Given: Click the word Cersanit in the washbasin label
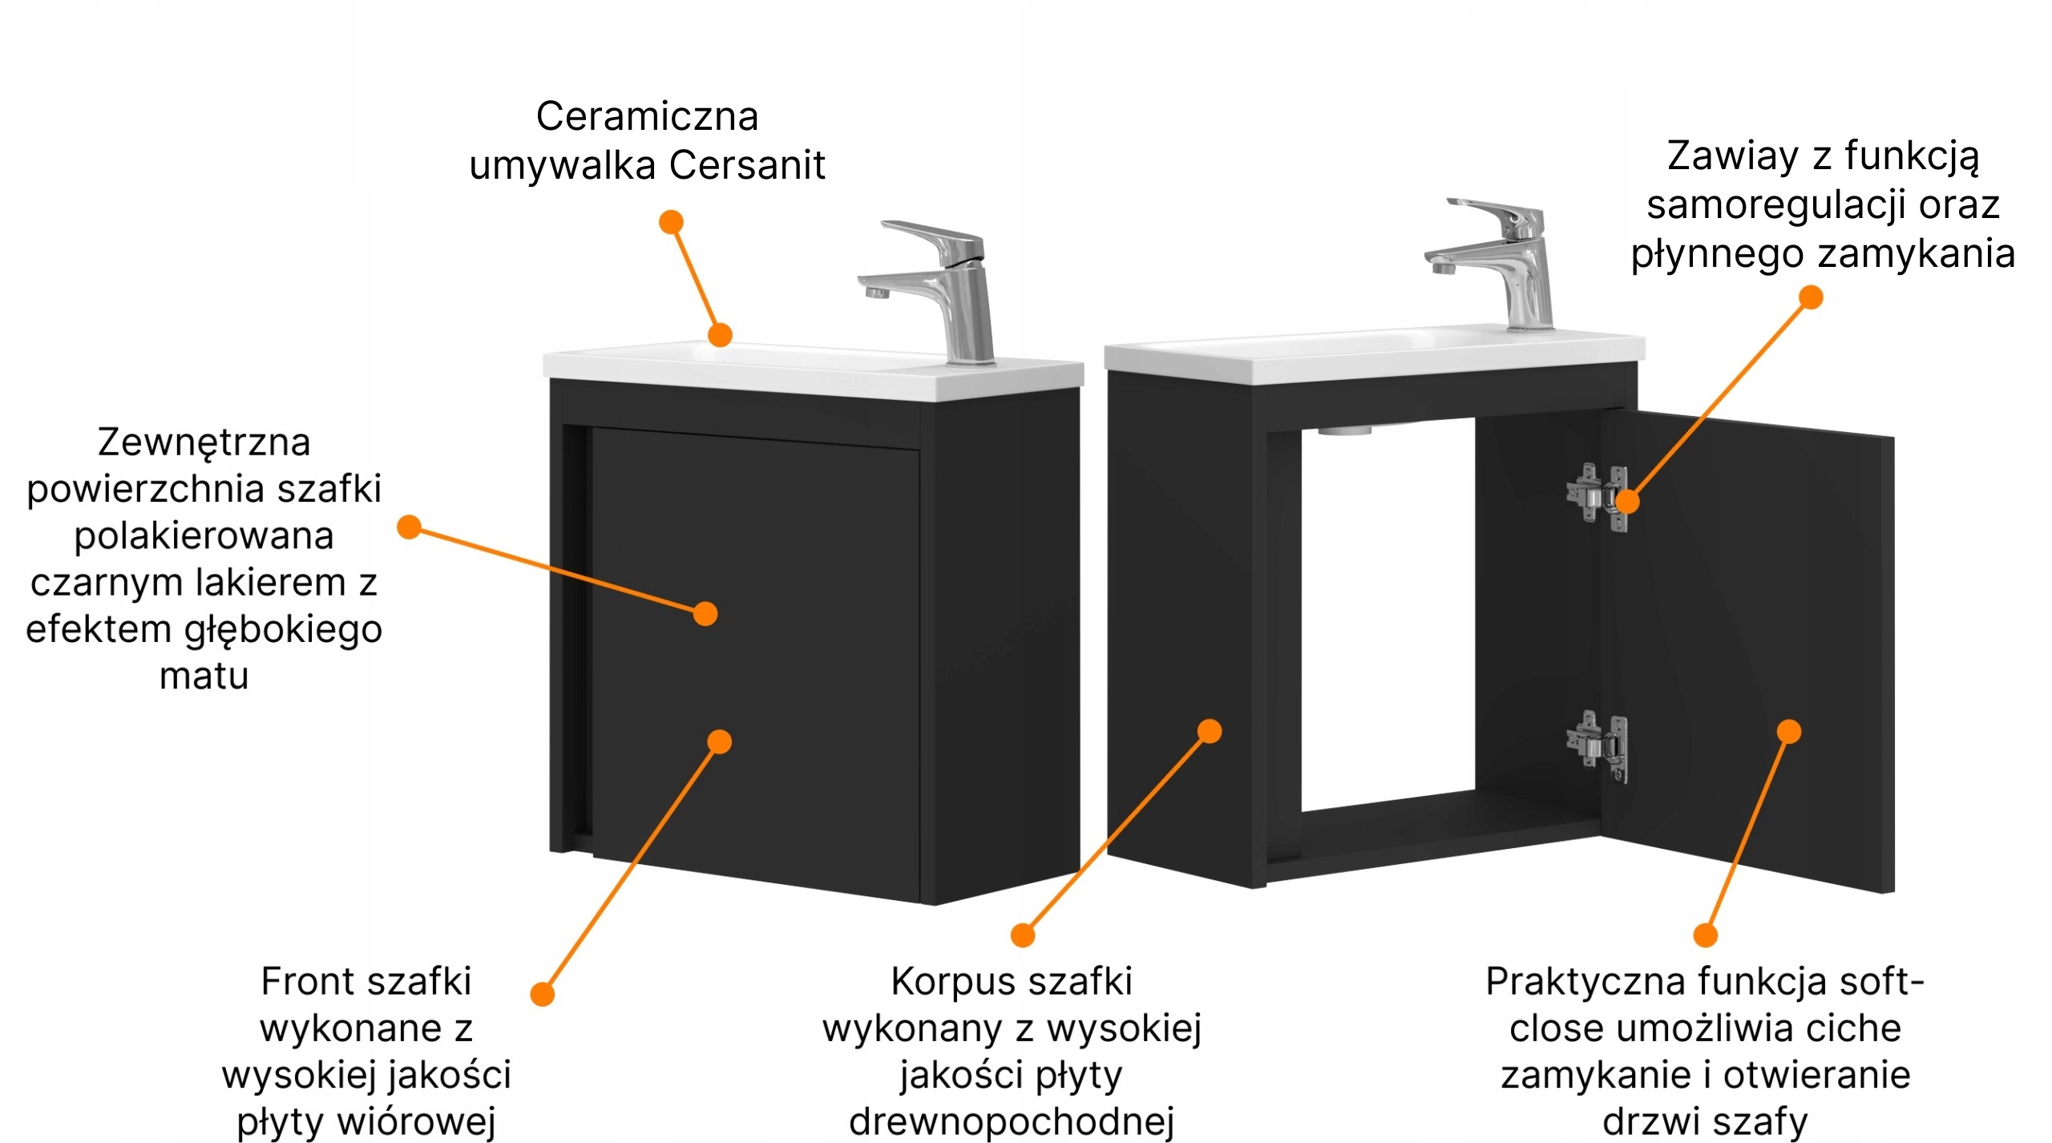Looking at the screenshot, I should click(x=746, y=166).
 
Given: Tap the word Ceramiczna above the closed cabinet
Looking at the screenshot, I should click(x=647, y=117).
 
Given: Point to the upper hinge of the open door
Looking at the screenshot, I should click(x=1597, y=497).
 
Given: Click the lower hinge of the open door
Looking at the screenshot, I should click(x=1597, y=746).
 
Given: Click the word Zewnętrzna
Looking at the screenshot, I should click(x=204, y=442).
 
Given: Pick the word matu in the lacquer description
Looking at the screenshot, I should click(x=204, y=676).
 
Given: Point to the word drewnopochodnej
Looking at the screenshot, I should click(x=1012, y=1122).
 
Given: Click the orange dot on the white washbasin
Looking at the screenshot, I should click(x=720, y=334).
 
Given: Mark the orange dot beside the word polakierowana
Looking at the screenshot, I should click(x=410, y=527).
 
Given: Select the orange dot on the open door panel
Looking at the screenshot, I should click(x=1789, y=731).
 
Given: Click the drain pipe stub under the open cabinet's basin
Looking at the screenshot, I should click(x=1345, y=430).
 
